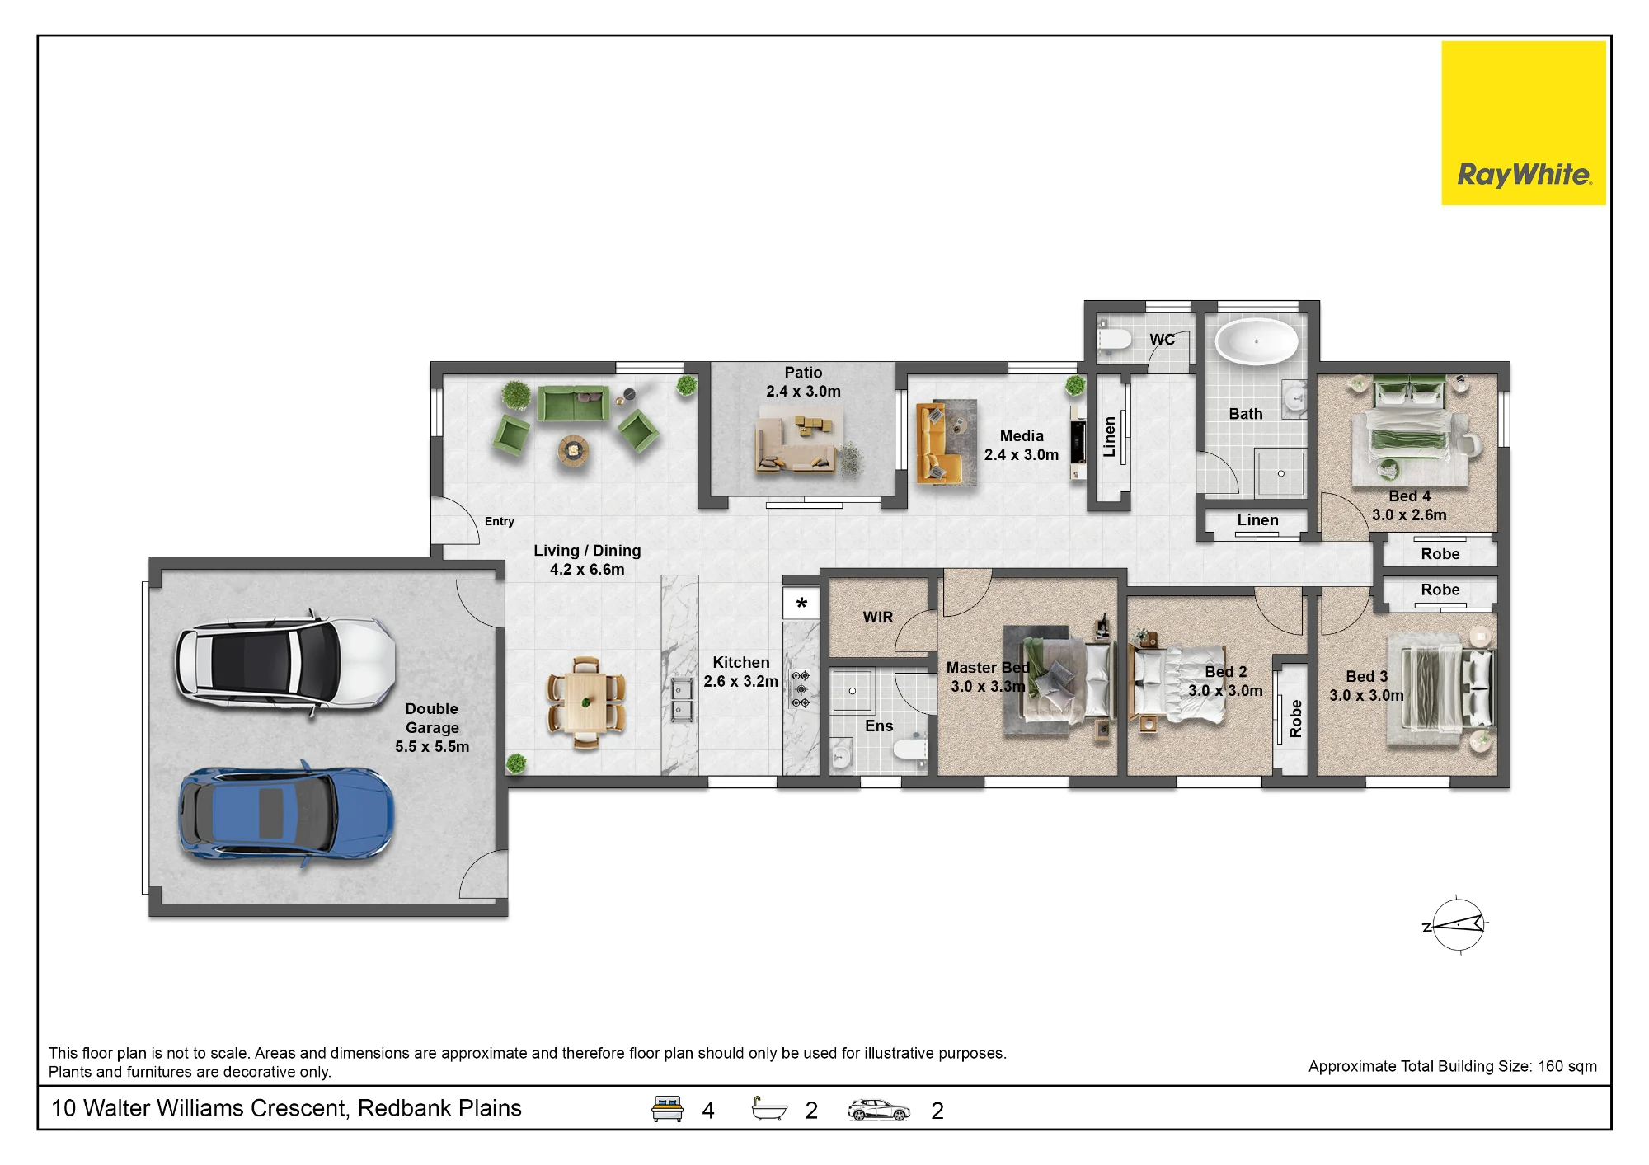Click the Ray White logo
1523,123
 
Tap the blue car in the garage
286,813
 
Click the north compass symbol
1457,925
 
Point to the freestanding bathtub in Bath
1257,341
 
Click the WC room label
1162,340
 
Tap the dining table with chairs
586,702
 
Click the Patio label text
803,373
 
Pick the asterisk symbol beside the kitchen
801,604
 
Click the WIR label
878,618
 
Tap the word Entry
500,521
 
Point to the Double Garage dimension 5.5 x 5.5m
432,747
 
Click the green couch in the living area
574,403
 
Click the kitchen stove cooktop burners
801,689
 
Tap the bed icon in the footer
667,1109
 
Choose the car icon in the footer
879,1111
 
